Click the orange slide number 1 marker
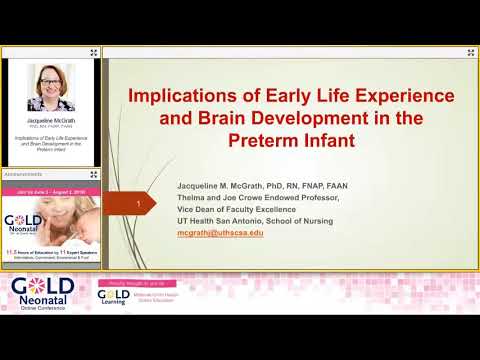(137, 206)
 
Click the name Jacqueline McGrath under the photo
(51, 117)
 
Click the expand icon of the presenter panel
(94, 51)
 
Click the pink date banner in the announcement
(50, 187)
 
